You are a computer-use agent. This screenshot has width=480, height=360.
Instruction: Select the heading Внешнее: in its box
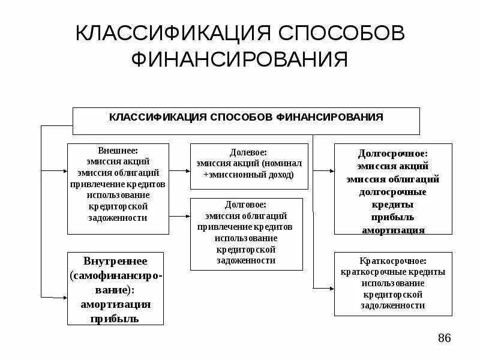pos(118,151)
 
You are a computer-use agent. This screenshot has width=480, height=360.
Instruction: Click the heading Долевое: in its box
pos(248,153)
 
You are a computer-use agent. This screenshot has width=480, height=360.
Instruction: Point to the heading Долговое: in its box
pos(248,205)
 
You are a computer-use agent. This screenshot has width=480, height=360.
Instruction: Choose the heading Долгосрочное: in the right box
pos(393,154)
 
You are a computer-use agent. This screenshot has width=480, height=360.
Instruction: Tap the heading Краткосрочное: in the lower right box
pos(393,261)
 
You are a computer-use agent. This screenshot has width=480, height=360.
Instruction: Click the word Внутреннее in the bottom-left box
pos(115,262)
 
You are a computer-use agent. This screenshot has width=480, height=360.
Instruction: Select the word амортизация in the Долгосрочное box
pos(393,230)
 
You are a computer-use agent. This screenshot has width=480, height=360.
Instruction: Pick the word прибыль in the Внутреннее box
pos(115,318)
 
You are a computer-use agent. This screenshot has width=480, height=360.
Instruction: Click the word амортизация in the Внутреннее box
pos(115,304)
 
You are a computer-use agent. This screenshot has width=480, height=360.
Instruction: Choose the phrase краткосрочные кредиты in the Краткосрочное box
pos(393,272)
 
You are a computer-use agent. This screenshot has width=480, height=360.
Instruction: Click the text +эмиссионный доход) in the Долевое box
pos(248,175)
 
